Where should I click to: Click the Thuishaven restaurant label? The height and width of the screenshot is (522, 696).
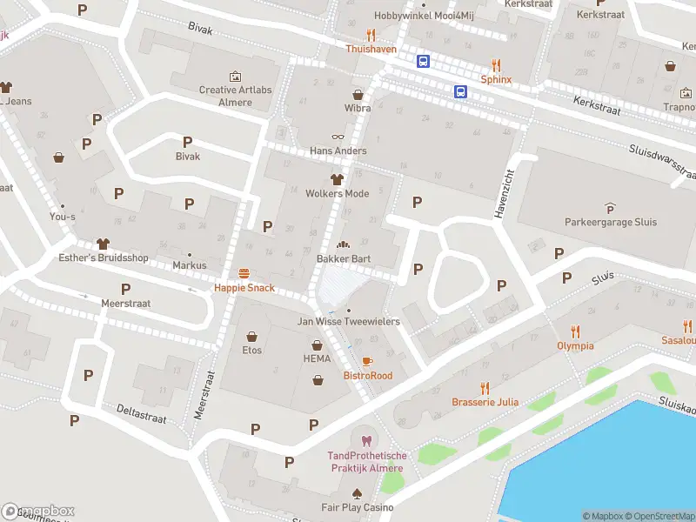tap(371, 50)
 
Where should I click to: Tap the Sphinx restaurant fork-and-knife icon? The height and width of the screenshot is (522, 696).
tap(496, 64)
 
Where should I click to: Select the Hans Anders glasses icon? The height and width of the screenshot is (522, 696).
tap(338, 136)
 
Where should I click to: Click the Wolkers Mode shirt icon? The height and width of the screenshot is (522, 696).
tap(338, 178)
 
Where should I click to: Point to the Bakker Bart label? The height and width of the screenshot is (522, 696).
tap(344, 259)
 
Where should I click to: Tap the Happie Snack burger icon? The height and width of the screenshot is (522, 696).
tap(244, 273)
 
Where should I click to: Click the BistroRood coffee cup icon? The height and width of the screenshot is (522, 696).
tap(367, 361)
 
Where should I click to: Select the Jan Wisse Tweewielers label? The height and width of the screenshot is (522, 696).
tap(348, 322)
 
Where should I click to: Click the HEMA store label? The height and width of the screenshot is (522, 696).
tap(318, 358)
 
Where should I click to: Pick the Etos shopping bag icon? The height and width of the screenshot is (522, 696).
tap(252, 336)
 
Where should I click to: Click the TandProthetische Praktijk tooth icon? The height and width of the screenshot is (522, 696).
tap(365, 441)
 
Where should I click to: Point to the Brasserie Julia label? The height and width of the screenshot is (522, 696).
tap(485, 402)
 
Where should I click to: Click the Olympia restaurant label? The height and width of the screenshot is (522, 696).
tap(575, 345)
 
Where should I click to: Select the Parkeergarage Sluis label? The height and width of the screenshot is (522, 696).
tap(609, 222)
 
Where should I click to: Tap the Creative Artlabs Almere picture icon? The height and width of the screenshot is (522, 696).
tap(235, 77)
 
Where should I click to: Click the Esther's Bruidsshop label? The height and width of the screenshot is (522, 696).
tap(104, 258)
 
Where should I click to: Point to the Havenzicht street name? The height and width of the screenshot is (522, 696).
tap(502, 192)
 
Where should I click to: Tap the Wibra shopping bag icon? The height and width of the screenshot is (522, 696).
tap(357, 94)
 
